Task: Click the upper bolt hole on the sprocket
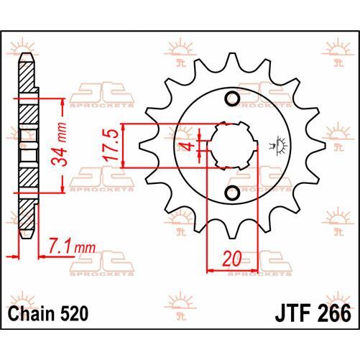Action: (x=233, y=98)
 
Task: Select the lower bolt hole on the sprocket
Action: (x=233, y=193)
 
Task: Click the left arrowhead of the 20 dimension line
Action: (x=211, y=270)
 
